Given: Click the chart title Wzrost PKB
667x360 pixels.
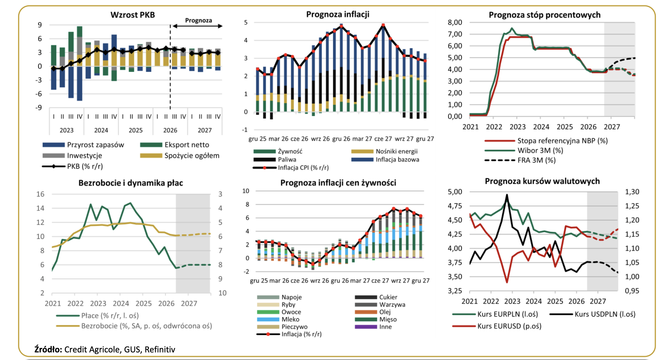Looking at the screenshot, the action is pyautogui.click(x=132, y=15).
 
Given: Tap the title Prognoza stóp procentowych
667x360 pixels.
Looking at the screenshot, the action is pyautogui.click(x=544, y=15).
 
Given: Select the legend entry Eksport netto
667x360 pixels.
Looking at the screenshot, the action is pyautogui.click(x=175, y=145).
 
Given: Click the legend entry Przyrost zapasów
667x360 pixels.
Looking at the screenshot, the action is pyautogui.click(x=83, y=145).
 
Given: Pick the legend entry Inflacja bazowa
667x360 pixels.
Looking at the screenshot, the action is pyautogui.click(x=385, y=159).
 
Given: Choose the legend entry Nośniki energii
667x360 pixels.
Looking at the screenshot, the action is pyautogui.click(x=384, y=151).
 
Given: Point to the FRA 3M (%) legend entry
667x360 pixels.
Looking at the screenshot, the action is pyautogui.click(x=520, y=160).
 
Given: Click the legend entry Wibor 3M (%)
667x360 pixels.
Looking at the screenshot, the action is pyautogui.click(x=524, y=150).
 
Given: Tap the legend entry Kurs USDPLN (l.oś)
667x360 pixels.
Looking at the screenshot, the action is pyautogui.click(x=592, y=314).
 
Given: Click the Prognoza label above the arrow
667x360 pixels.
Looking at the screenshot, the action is pyautogui.click(x=199, y=20).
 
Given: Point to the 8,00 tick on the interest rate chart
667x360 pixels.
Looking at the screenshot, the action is pyautogui.click(x=455, y=22).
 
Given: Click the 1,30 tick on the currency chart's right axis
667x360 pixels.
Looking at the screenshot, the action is pyautogui.click(x=632, y=192).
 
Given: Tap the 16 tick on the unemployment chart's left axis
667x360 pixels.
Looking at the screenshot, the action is pyautogui.click(x=40, y=194).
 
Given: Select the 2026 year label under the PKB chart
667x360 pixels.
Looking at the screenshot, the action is pyautogui.click(x=170, y=130).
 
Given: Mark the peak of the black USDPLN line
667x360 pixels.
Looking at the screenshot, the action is pyautogui.click(x=507, y=194).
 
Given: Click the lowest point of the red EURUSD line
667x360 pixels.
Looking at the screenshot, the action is pyautogui.click(x=507, y=282).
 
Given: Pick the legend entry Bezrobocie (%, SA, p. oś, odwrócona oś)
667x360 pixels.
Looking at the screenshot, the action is pyautogui.click(x=134, y=326).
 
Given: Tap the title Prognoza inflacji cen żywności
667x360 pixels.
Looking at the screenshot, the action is pyautogui.click(x=338, y=183).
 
